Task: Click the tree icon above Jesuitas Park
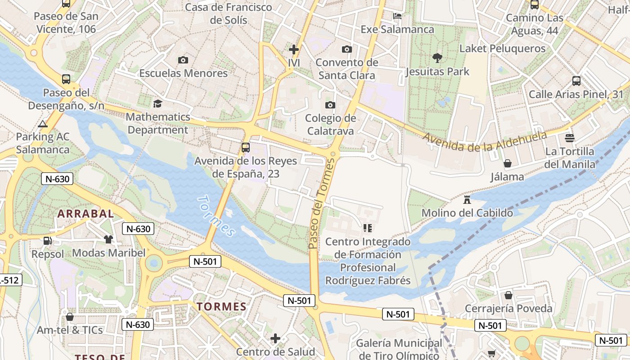click(436, 58)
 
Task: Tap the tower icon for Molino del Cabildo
click(467, 199)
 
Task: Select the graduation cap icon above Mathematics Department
click(157, 103)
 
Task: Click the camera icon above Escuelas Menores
click(183, 60)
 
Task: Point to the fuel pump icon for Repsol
click(47, 241)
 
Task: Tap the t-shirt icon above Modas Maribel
click(108, 239)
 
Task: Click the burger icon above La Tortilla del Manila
click(570, 138)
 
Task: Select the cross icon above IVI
click(294, 49)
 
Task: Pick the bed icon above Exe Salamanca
click(397, 16)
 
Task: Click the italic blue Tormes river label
click(216, 216)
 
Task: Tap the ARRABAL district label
click(85, 213)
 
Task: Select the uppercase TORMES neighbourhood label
click(221, 307)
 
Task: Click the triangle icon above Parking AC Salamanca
click(43, 124)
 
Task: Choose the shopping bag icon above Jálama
click(508, 163)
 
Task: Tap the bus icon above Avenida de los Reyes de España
click(245, 147)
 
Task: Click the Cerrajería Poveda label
click(508, 308)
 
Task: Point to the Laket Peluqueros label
click(502, 49)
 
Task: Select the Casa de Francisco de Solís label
click(229, 13)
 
